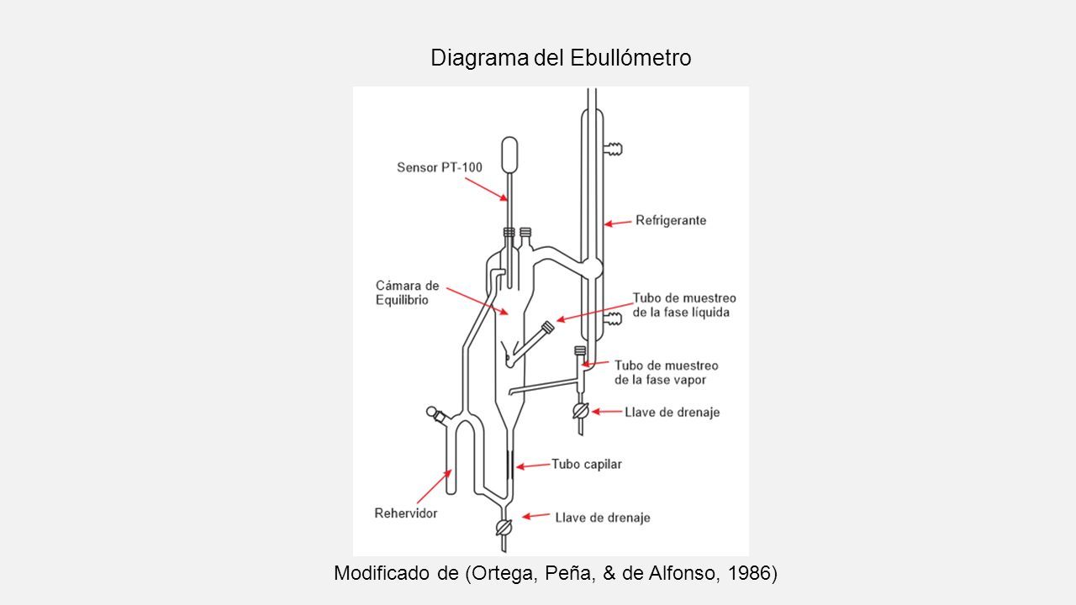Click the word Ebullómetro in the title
point(630,58)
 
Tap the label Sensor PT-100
point(440,167)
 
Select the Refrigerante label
point(671,220)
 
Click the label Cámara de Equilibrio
point(408,293)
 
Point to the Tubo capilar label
point(587,465)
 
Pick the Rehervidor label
point(406,513)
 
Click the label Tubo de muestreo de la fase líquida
point(684,305)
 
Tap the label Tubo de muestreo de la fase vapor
point(667,372)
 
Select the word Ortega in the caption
point(503,573)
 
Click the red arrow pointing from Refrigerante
point(618,223)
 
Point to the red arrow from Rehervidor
point(435,486)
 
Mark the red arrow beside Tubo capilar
point(533,466)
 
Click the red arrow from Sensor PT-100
point(486,189)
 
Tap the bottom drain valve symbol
point(504,529)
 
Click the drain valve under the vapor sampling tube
point(581,411)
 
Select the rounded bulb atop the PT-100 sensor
point(509,155)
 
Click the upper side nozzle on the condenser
point(613,149)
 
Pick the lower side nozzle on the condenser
point(613,318)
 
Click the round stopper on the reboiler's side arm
point(432,412)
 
